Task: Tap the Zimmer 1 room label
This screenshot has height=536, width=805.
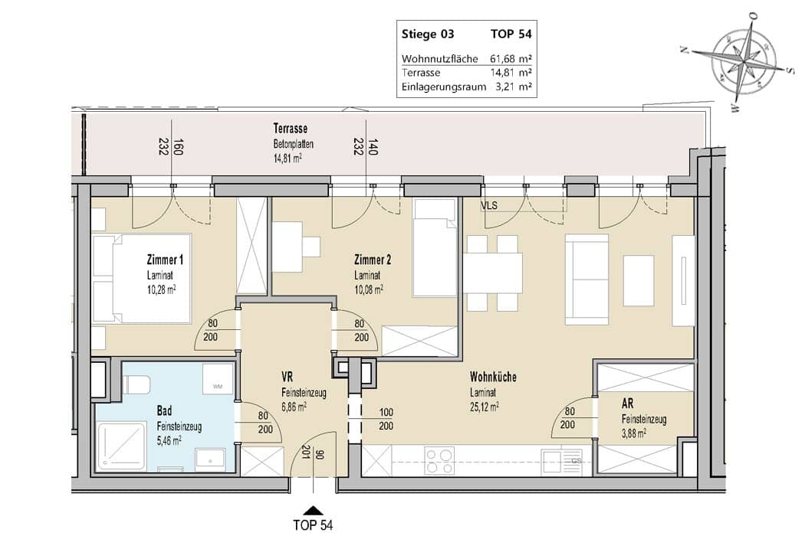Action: tap(165, 260)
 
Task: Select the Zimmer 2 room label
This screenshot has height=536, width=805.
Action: tap(372, 260)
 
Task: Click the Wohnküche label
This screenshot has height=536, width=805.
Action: tap(493, 377)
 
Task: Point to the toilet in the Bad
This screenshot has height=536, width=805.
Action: tap(136, 384)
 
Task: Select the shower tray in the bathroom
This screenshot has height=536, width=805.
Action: tap(121, 447)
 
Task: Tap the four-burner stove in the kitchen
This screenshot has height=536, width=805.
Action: tap(439, 460)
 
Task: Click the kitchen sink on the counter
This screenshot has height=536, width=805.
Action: tap(562, 460)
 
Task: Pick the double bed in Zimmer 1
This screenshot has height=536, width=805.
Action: tap(142, 279)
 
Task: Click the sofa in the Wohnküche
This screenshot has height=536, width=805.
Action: tap(586, 279)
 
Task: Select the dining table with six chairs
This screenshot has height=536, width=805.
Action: tap(492, 273)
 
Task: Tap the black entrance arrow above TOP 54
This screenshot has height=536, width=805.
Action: tap(313, 510)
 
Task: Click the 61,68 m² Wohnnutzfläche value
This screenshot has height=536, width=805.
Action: tap(511, 58)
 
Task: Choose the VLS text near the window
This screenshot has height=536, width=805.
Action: tap(489, 206)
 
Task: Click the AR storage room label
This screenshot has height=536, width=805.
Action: tap(627, 404)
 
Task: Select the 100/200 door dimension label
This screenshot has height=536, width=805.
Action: tap(386, 419)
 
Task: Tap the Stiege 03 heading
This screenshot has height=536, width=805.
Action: tap(428, 34)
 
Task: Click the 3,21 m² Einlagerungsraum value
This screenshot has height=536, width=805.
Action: tap(514, 87)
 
